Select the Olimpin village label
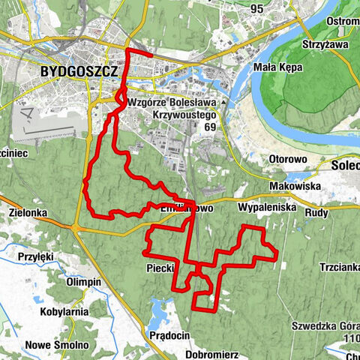83,281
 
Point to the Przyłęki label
35,256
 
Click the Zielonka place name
29,213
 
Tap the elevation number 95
258,8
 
